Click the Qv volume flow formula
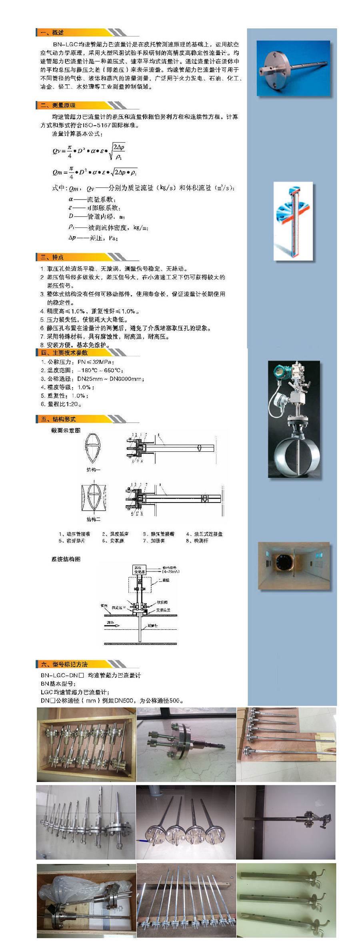(x=89, y=151)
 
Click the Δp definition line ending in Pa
(x=93, y=238)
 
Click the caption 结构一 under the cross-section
(x=93, y=470)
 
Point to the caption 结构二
(x=93, y=519)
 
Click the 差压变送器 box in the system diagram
(x=139, y=569)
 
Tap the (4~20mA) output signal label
(x=171, y=572)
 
